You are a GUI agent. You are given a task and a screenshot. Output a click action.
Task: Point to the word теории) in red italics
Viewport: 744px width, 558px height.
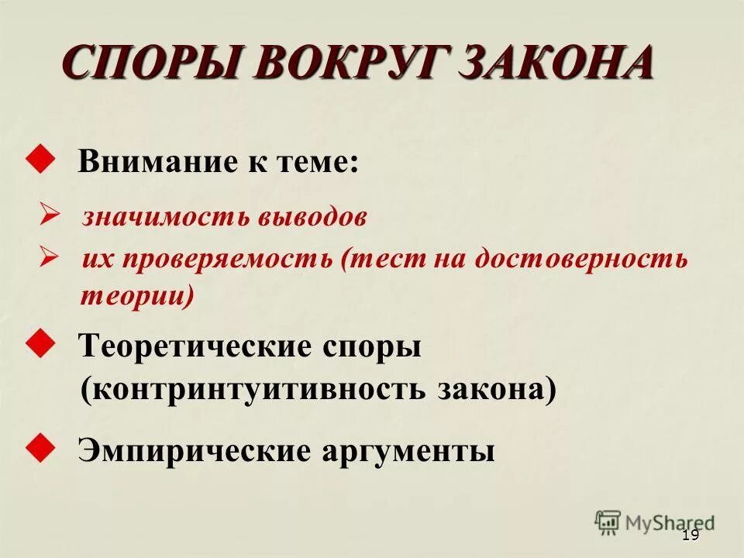pos(137,295)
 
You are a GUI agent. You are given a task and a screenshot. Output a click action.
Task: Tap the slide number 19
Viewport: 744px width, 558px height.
pos(690,536)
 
